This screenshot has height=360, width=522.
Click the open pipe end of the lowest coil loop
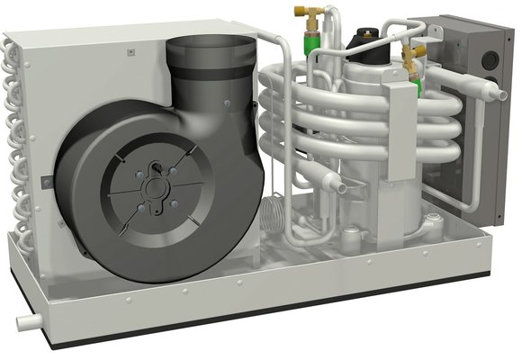click(x=335, y=187)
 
